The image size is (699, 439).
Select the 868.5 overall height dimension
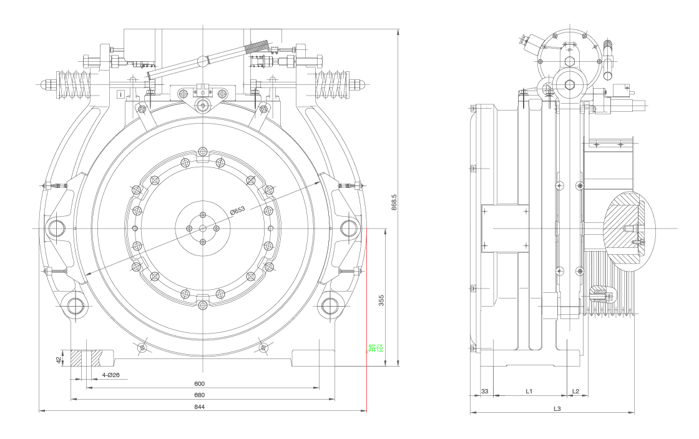tap(394, 199)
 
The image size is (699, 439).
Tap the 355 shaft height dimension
tap(381, 301)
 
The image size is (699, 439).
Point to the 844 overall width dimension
tap(200, 407)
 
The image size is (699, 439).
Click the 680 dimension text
tap(200, 395)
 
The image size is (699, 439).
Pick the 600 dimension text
tap(200, 383)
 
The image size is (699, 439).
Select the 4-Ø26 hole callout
tap(111, 375)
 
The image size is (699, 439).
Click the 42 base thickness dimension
tap(59, 360)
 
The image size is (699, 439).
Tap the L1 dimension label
tap(529, 392)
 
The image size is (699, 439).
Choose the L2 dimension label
tap(576, 392)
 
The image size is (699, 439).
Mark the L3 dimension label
tap(557, 408)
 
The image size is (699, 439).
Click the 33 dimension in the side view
tap(485, 392)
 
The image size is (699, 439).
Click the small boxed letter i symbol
tap(120, 94)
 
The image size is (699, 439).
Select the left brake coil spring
tap(74, 84)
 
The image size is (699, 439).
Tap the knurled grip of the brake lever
tap(257, 47)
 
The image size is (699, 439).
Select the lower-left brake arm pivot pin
tap(76, 305)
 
